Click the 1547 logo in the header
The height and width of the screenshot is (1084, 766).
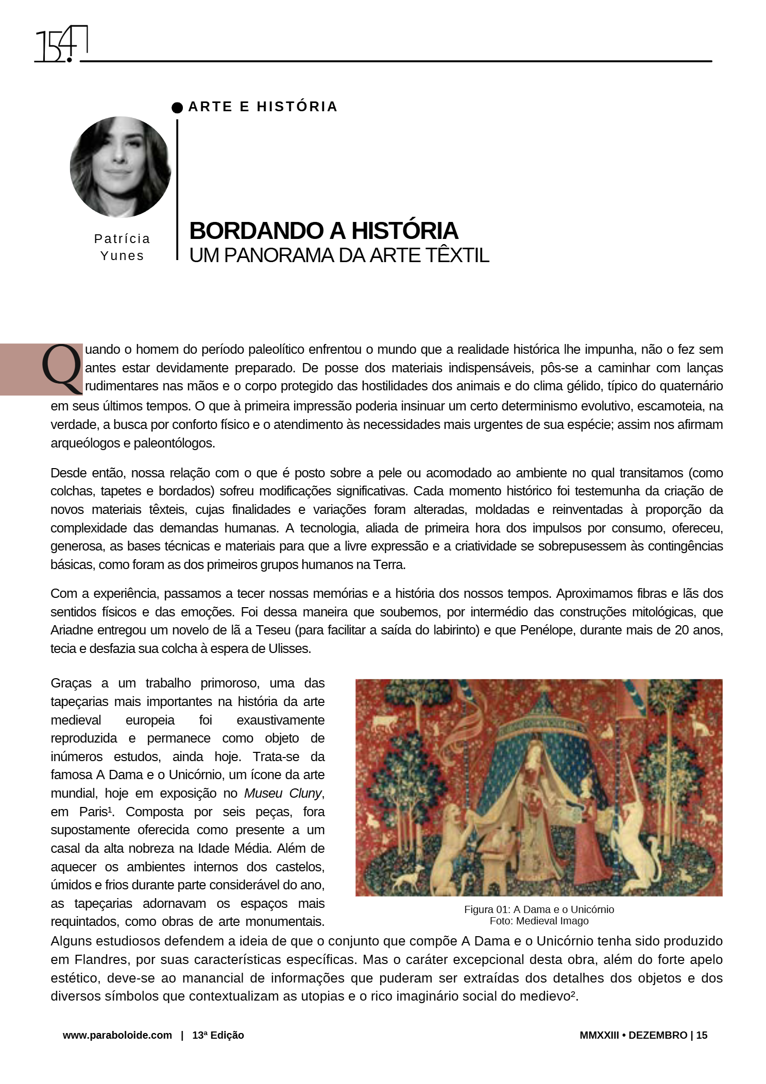coord(61,45)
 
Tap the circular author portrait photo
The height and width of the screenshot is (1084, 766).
coord(121,166)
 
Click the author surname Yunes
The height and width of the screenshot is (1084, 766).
coord(122,255)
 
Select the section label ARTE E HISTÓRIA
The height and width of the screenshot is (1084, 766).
coord(263,107)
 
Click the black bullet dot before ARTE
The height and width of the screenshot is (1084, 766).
coord(177,107)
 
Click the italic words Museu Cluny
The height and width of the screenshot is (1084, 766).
coord(283,793)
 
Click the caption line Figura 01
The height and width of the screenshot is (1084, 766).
coord(539,909)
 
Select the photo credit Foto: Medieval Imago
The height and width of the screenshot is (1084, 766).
coord(539,921)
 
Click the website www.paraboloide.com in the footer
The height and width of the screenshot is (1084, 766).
coord(117,1035)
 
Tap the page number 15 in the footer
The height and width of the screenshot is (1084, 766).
coord(702,1035)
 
